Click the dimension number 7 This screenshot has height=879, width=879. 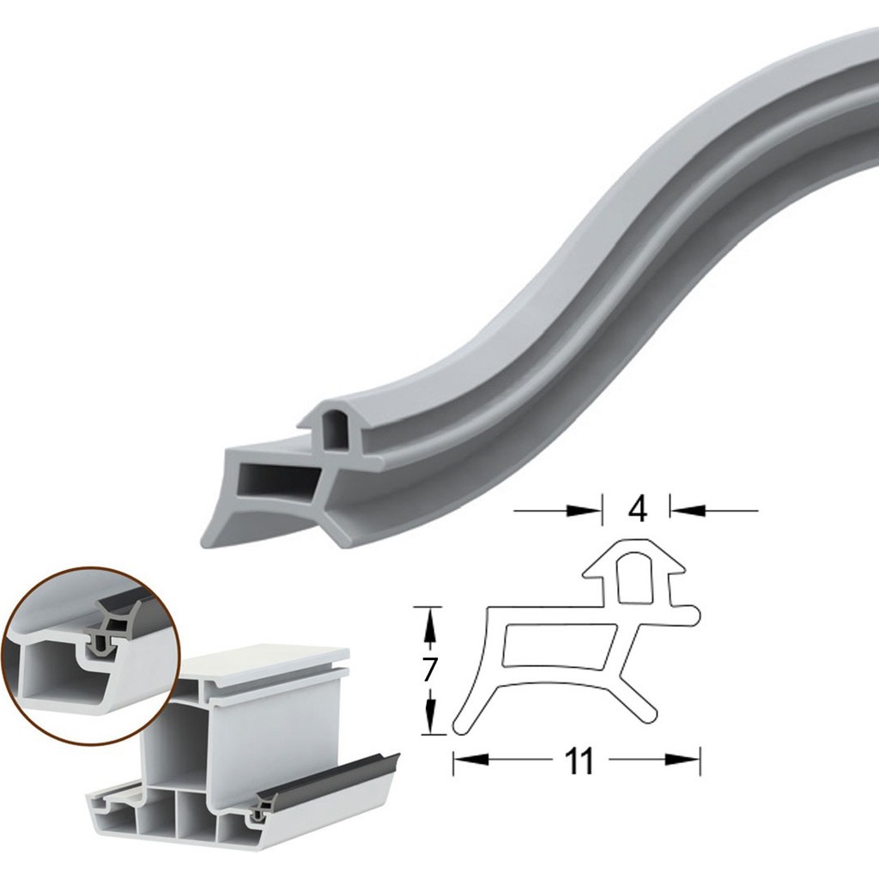click(x=429, y=670)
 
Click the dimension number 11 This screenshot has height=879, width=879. click(x=579, y=761)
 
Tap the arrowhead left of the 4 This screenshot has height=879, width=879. click(x=584, y=511)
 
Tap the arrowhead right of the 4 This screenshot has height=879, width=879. click(x=688, y=510)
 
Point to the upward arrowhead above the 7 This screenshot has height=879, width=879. click(x=429, y=625)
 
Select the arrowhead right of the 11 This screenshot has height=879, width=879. click(x=682, y=760)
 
